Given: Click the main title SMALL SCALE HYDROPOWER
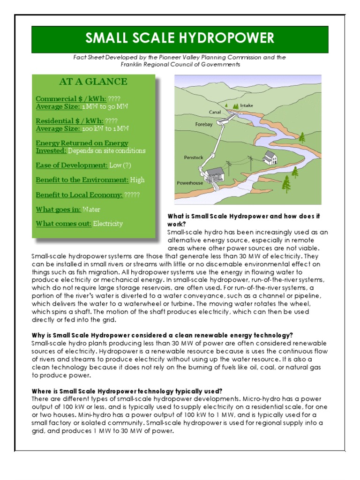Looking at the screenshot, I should click(180, 39).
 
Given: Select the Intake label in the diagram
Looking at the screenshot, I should click(247, 105).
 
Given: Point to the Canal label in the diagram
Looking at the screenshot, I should click(215, 112).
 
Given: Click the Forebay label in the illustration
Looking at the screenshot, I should click(204, 125).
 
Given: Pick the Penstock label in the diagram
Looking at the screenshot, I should click(194, 158).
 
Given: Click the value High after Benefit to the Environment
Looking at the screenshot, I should click(137, 180).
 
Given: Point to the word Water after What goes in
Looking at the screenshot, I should click(91, 210).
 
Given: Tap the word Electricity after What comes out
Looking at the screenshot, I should click(108, 224).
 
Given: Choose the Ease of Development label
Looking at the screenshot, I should click(72, 165).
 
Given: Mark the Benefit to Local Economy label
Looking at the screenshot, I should click(79, 195).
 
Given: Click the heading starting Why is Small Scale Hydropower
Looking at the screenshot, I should click(162, 335).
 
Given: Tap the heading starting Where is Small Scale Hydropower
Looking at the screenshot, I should click(127, 391).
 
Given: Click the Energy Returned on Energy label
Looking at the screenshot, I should click(82, 143).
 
